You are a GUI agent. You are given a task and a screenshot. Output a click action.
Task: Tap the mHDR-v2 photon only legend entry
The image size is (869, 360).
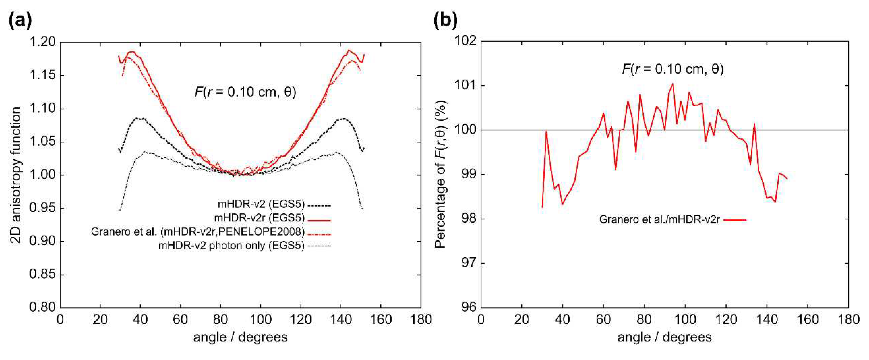coord(231,246)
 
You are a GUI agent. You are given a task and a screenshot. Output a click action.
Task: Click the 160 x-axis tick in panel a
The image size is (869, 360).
coord(381,319)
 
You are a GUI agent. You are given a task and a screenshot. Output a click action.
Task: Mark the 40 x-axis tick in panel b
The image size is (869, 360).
coord(562,319)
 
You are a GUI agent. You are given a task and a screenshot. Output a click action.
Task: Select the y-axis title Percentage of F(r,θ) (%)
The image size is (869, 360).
coord(440,175)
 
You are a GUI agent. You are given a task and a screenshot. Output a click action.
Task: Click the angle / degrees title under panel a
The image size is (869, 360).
coord(240,337)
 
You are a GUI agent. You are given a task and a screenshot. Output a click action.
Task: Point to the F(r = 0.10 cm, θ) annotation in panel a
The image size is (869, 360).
coord(245,92)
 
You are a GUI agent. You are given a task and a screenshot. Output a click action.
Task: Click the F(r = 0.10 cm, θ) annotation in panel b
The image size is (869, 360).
coord(673,69)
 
